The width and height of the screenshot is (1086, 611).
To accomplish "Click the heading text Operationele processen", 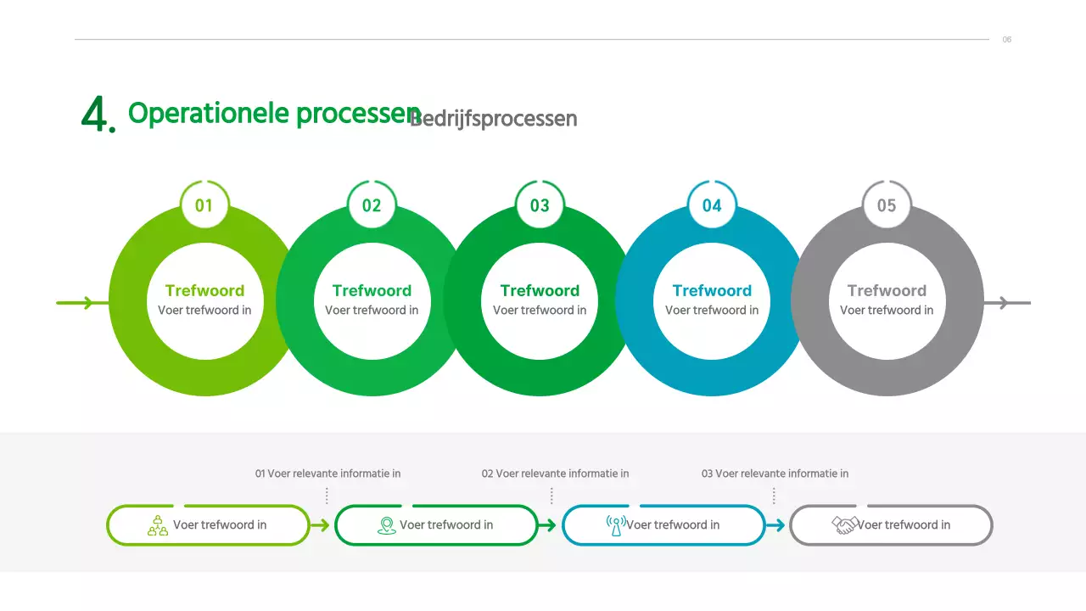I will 273,114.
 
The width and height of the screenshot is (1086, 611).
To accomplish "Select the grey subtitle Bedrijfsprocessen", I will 493,119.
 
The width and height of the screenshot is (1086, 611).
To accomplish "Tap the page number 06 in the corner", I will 1007,40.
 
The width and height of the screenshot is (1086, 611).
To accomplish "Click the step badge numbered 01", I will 204,205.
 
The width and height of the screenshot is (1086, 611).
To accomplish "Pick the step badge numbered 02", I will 372,205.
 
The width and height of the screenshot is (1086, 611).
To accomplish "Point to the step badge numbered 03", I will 540,205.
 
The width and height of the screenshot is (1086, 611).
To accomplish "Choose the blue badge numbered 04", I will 712,205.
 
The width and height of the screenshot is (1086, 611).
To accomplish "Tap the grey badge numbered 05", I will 887,205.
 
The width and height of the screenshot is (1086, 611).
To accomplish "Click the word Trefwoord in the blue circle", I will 712,291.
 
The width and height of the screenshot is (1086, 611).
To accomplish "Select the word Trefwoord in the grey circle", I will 887,291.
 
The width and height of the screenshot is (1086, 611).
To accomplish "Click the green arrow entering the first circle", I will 76,302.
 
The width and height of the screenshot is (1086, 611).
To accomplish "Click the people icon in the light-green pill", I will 158,525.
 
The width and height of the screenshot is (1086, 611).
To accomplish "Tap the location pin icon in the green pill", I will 387,525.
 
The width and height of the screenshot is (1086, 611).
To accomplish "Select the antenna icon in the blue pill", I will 616,525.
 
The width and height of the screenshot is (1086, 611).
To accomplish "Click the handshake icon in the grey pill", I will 845,525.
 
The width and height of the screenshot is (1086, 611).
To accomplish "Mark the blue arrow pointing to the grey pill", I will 775,525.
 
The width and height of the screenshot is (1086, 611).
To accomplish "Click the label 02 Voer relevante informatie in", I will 555,474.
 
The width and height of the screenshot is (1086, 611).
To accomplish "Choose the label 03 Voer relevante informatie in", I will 775,474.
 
